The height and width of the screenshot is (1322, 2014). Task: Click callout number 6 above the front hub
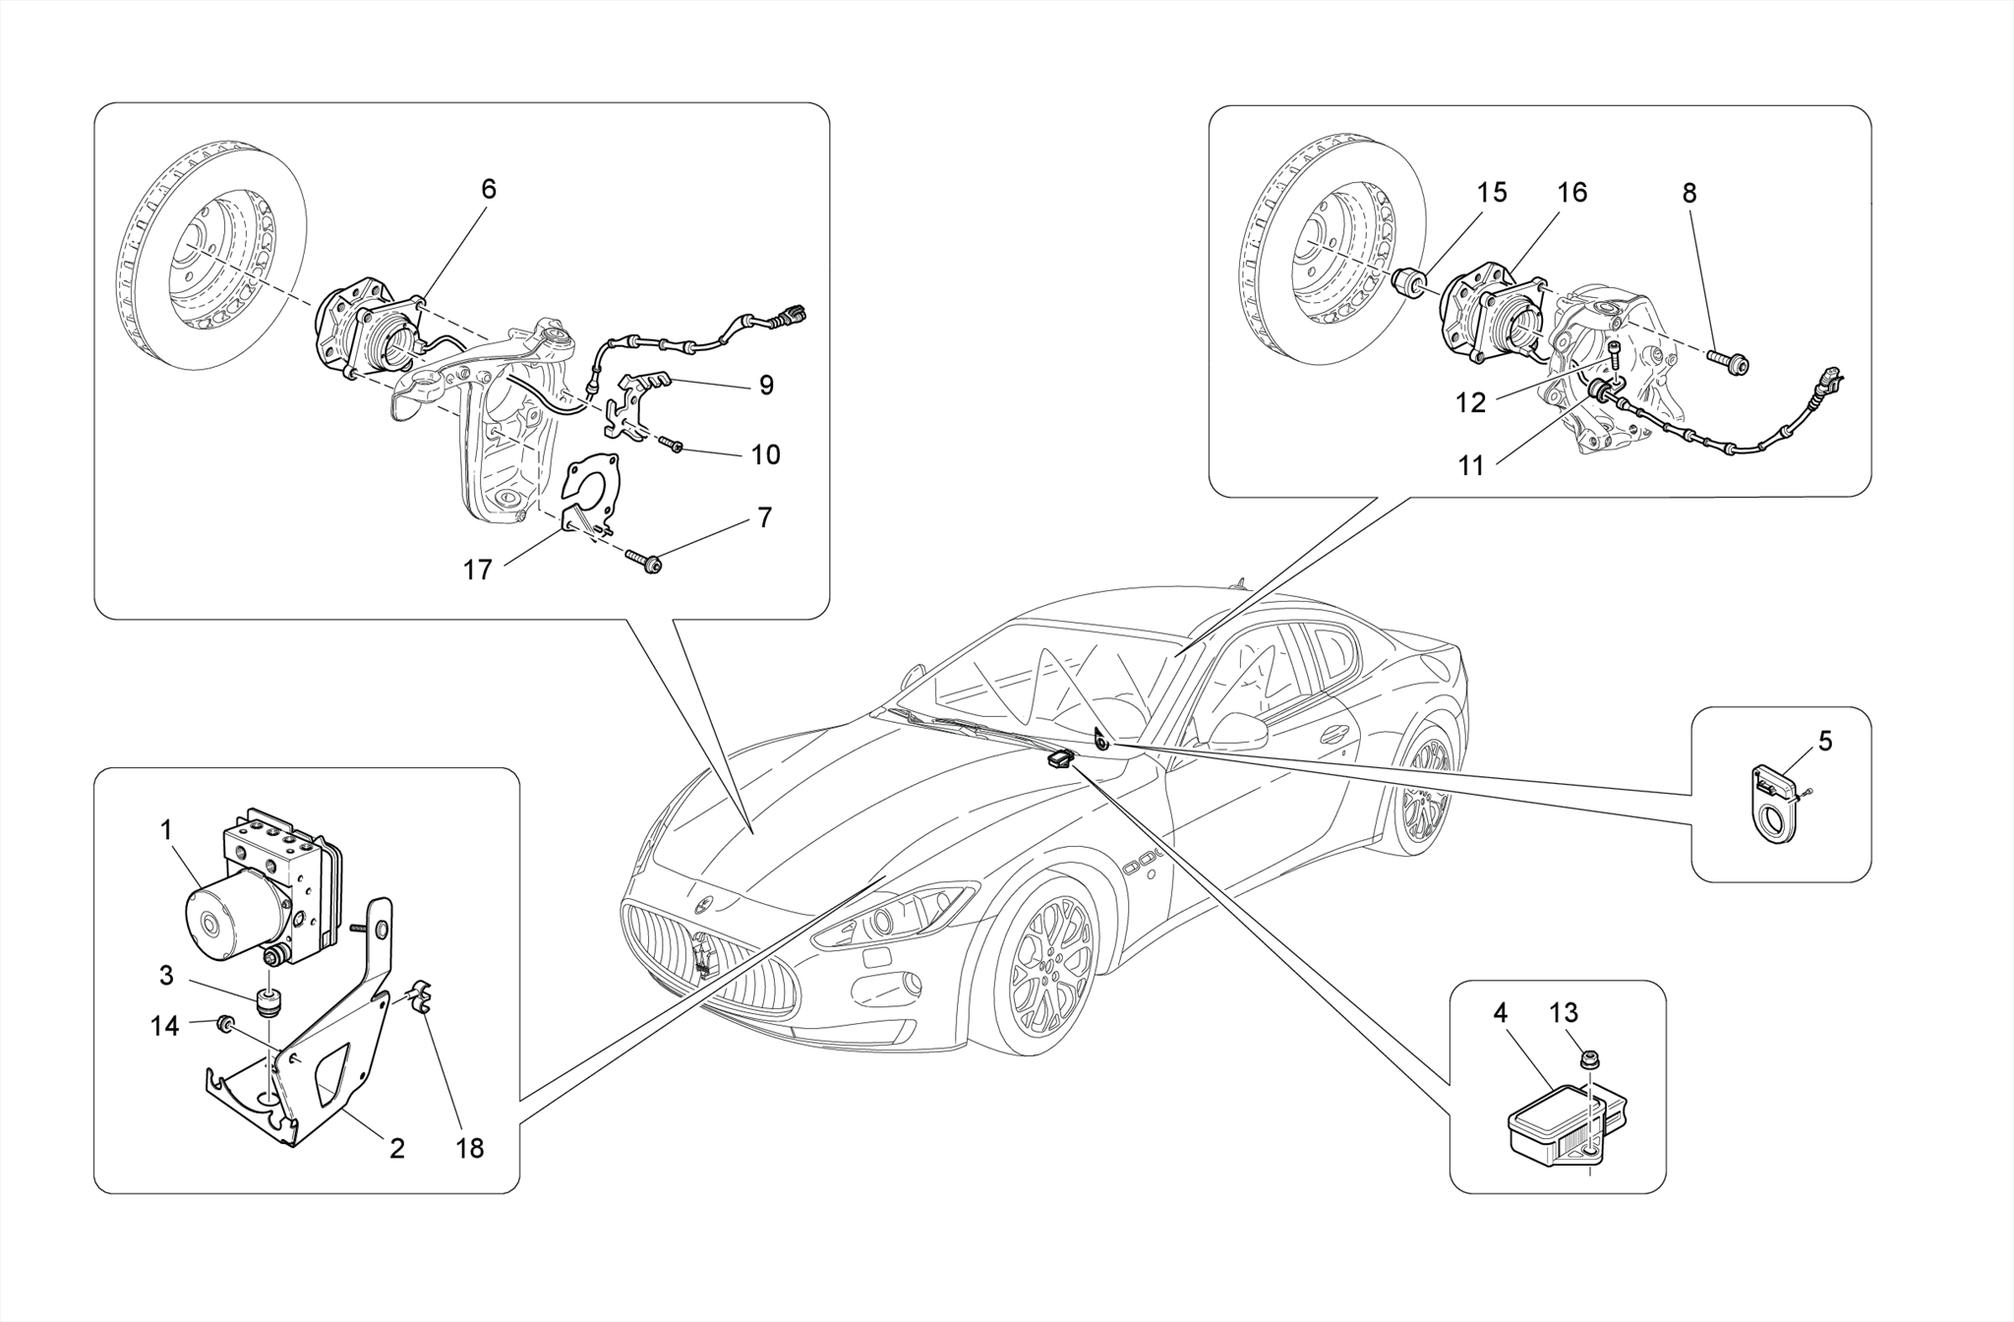(489, 189)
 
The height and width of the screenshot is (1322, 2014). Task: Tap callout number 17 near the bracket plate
(477, 570)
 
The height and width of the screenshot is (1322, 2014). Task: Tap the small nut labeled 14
(225, 1026)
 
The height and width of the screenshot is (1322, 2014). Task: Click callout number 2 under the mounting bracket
(396, 1148)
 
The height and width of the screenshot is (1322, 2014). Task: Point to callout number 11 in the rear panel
(1470, 465)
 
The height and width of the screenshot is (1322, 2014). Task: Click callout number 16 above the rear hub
(1572, 192)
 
